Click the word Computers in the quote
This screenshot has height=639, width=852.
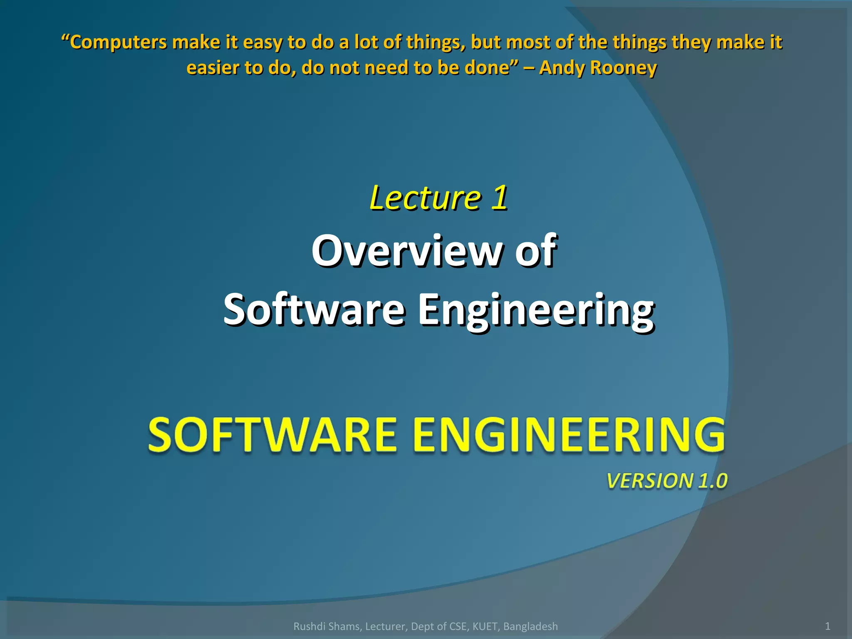click(x=118, y=43)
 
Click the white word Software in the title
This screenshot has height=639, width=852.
click(x=314, y=310)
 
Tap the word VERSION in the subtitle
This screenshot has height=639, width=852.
click(x=650, y=481)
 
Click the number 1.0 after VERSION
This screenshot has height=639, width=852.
click(x=713, y=481)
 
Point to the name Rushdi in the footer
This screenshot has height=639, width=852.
click(x=307, y=627)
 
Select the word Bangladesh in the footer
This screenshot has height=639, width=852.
click(x=530, y=627)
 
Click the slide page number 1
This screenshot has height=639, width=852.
click(x=827, y=626)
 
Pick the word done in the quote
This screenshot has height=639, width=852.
click(x=491, y=68)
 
